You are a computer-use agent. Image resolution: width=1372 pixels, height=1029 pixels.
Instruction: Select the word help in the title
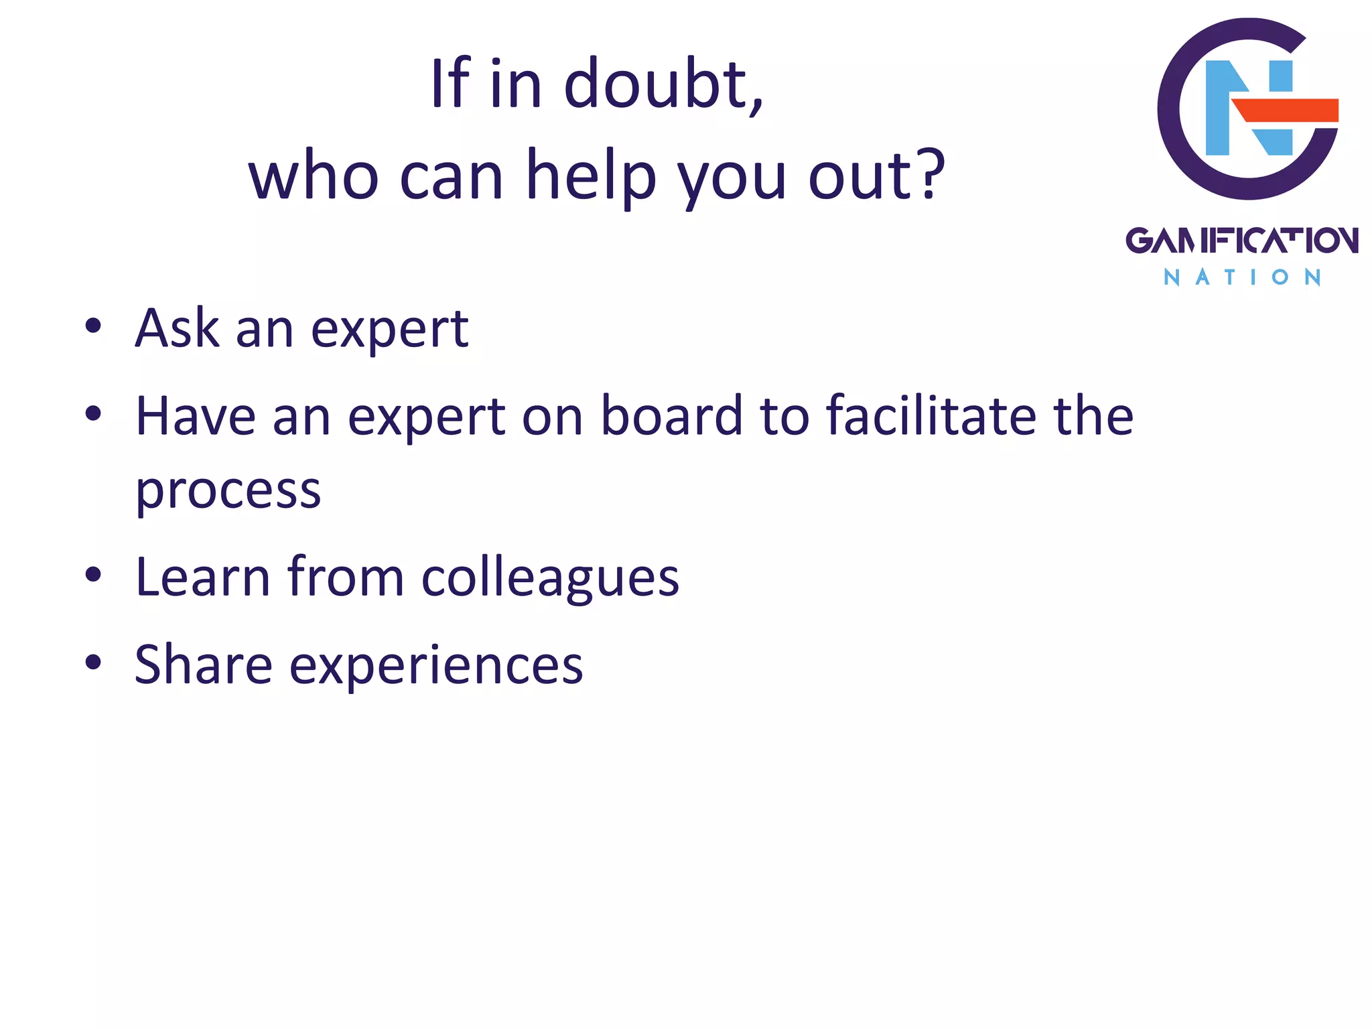click(x=591, y=176)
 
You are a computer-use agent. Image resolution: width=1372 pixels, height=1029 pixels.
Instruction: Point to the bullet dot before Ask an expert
click(x=93, y=326)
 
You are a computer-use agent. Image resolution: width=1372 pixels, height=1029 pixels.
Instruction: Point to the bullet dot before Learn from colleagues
click(x=93, y=575)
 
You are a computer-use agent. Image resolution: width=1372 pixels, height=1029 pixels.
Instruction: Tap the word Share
click(x=203, y=665)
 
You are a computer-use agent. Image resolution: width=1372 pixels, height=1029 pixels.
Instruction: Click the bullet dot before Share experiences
click(x=93, y=663)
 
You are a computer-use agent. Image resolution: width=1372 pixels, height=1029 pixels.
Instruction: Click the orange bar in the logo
click(x=1286, y=110)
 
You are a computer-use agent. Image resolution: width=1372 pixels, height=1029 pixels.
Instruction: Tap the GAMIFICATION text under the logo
click(x=1241, y=241)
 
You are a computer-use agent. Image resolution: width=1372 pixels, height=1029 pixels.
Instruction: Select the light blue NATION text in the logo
click(x=1241, y=277)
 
